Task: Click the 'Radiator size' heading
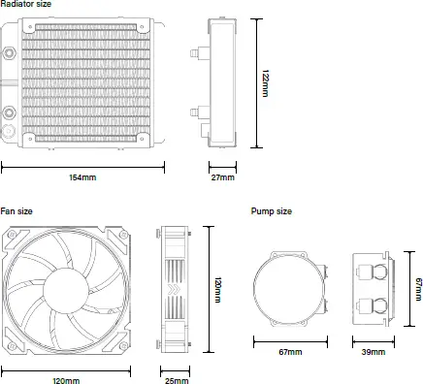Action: (26, 5)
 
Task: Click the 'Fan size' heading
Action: (16, 210)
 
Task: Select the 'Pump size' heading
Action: (271, 210)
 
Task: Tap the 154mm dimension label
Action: (82, 177)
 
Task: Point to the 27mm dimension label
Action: (222, 177)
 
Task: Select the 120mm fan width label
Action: (65, 380)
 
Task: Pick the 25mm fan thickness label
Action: (177, 380)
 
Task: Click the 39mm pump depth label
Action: (374, 352)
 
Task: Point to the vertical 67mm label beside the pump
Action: (418, 289)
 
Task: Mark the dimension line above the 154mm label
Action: (82, 165)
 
